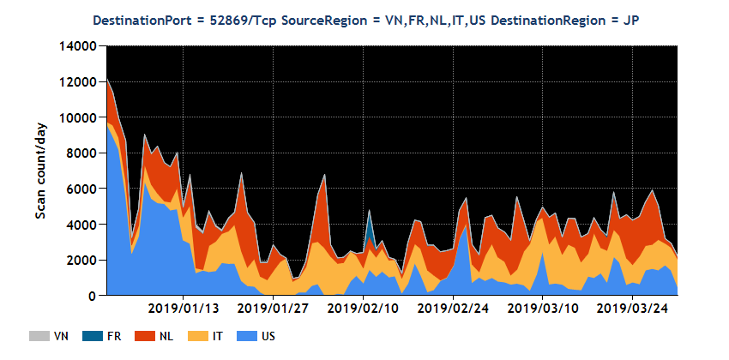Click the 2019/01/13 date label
tap(183, 308)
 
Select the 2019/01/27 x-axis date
tap(273, 308)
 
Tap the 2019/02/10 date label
tap(363, 308)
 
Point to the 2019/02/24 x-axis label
tap(453, 308)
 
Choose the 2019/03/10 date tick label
tap(543, 308)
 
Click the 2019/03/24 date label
tap(632, 308)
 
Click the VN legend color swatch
tap(39, 336)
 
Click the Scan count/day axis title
tap(41, 171)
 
